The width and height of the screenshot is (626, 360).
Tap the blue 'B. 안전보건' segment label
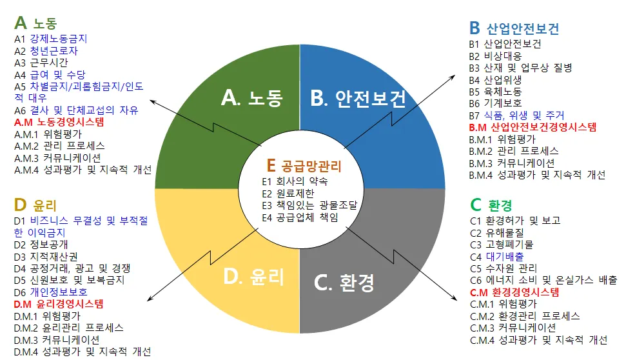pyautogui.click(x=358, y=98)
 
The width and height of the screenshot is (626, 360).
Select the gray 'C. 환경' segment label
pyautogui.click(x=344, y=283)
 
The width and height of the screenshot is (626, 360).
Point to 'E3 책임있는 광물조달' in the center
pyautogui.click(x=309, y=205)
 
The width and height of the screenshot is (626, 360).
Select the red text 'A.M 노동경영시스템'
pyautogui.click(x=59, y=122)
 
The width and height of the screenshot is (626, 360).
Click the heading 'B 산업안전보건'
pyautogui.click(x=514, y=28)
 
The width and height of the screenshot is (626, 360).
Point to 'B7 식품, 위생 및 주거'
pyautogui.click(x=516, y=115)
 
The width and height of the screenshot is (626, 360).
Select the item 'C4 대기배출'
pyautogui.click(x=497, y=257)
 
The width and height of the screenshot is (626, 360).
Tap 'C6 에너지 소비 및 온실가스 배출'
pyautogui.click(x=543, y=280)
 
